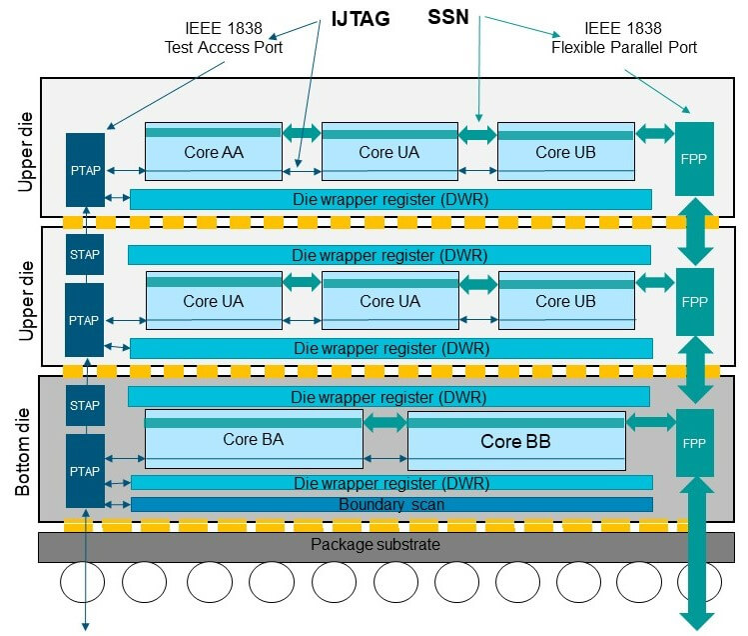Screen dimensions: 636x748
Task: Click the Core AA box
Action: pyautogui.click(x=214, y=152)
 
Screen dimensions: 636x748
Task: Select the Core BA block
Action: pyautogui.click(x=253, y=439)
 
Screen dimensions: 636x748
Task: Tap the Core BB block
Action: pyautogui.click(x=515, y=440)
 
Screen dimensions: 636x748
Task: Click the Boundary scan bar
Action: pyautogui.click(x=390, y=505)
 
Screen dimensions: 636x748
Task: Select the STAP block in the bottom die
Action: pyautogui.click(x=84, y=405)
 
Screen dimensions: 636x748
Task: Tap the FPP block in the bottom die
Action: pyautogui.click(x=694, y=442)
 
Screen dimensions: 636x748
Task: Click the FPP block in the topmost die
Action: pyautogui.click(x=694, y=158)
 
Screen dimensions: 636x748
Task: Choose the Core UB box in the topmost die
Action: pyautogui.click(x=565, y=152)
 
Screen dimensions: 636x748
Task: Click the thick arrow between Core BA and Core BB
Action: pyautogui.click(x=383, y=423)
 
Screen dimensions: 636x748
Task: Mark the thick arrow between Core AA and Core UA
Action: pyautogui.click(x=302, y=132)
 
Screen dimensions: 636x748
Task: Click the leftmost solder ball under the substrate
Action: pyautogui.click(x=83, y=583)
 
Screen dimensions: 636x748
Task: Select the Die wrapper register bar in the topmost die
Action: pyautogui.click(x=390, y=199)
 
